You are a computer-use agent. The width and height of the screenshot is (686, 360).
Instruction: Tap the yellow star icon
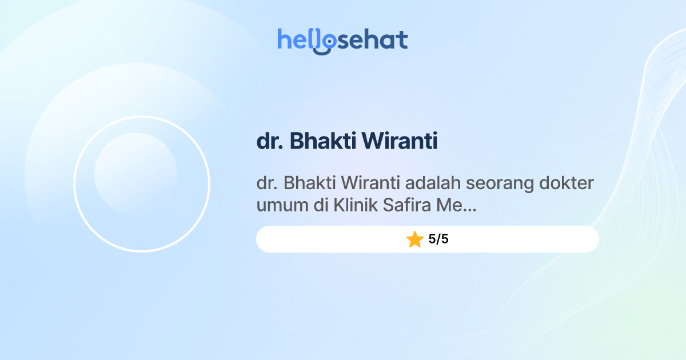point(414,239)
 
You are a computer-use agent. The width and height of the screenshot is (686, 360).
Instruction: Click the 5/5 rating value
point(438,239)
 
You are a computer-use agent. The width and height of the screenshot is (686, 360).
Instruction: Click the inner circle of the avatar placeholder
point(135,174)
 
